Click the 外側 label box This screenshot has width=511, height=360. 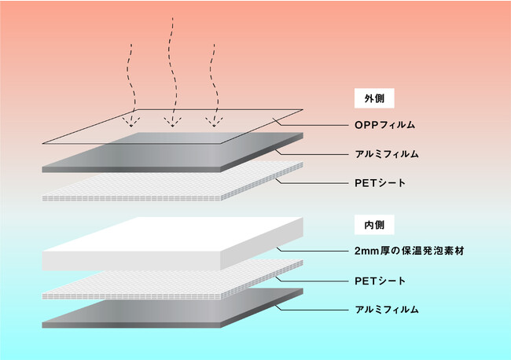[374, 98]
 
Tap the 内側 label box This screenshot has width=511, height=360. [374, 225]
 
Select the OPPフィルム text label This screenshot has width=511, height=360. [385, 125]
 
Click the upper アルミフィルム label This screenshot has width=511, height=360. [387, 154]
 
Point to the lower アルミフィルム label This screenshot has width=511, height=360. [387, 309]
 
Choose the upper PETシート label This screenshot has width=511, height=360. [380, 183]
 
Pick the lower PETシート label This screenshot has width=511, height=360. [380, 281]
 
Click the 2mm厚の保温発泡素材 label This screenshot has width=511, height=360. [410, 251]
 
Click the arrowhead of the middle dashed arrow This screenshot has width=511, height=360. [173, 122]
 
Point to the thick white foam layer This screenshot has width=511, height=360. [173, 244]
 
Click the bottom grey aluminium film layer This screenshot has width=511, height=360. [173, 308]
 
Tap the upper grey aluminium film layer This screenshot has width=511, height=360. [173, 152]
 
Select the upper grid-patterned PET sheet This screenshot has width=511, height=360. [173, 182]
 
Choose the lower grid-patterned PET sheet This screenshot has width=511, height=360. [173, 280]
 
